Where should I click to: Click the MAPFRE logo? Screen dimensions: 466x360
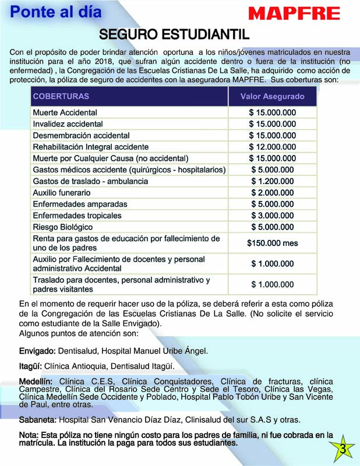pyautogui.click(x=294, y=13)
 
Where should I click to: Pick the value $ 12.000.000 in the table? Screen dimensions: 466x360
pyautogui.click(x=272, y=147)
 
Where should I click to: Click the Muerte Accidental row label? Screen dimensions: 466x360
pyautogui.click(x=65, y=112)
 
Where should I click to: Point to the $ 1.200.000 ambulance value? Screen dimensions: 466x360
pyautogui.click(x=272, y=181)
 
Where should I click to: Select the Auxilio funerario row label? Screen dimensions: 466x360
pyautogui.click(x=62, y=192)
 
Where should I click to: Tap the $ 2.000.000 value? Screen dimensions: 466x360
pyautogui.click(x=272, y=192)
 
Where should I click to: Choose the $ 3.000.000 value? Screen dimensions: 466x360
pyautogui.click(x=272, y=216)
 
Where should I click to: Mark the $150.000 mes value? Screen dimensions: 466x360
pyautogui.click(x=272, y=242)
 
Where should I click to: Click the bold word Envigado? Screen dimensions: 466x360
pyautogui.click(x=37, y=351)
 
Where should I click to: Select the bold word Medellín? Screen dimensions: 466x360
pyautogui.click(x=36, y=382)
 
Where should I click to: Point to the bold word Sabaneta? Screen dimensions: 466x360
pyautogui.click(x=38, y=419)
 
